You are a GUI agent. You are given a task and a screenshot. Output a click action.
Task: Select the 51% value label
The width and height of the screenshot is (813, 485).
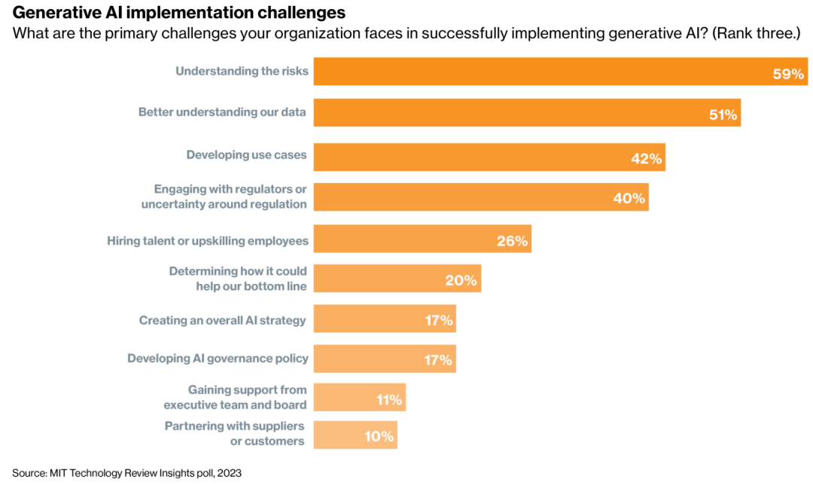point(723,114)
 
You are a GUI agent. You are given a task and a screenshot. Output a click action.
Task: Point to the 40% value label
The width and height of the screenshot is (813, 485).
point(629,198)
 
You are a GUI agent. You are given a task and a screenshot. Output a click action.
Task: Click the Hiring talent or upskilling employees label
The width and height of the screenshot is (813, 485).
point(208,241)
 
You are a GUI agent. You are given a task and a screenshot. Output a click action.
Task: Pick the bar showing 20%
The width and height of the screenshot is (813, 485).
point(397,279)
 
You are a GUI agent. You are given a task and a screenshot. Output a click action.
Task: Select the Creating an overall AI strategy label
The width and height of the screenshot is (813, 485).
point(223,320)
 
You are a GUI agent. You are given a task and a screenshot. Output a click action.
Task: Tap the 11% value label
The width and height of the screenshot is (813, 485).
point(390,400)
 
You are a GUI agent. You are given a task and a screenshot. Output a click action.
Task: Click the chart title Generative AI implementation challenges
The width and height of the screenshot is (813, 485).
point(179,13)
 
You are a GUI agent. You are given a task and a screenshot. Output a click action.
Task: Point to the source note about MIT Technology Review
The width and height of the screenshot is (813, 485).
point(126,473)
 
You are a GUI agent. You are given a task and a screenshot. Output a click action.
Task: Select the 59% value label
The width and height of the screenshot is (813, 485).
point(788,74)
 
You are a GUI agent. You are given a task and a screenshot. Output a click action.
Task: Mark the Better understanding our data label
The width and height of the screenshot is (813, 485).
point(222,112)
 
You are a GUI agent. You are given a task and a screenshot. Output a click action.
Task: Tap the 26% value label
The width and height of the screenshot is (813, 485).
point(513,242)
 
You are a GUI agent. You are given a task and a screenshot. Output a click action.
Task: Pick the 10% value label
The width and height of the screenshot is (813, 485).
point(380,436)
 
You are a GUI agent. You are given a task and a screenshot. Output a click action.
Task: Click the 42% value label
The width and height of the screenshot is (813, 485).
point(646,158)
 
